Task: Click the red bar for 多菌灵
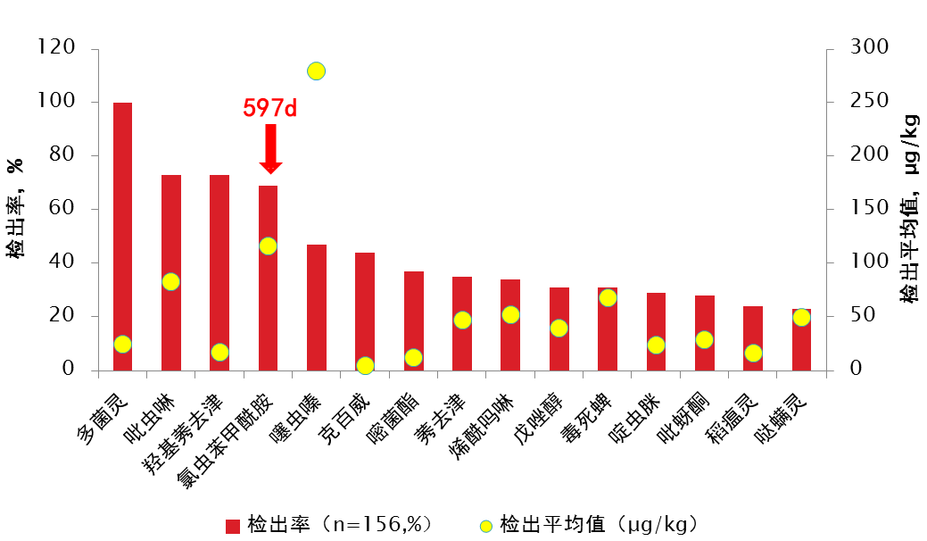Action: [x=122, y=236]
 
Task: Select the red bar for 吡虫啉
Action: [x=171, y=271]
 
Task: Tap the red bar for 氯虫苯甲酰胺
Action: [x=268, y=277]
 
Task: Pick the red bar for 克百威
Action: [x=365, y=311]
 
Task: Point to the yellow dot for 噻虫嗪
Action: [x=316, y=71]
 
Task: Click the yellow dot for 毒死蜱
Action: [x=608, y=298]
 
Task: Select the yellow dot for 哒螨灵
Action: [x=801, y=318]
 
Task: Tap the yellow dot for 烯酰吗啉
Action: [x=510, y=314]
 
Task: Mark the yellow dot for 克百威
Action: [x=365, y=365]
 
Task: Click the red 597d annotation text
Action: [x=269, y=109]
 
